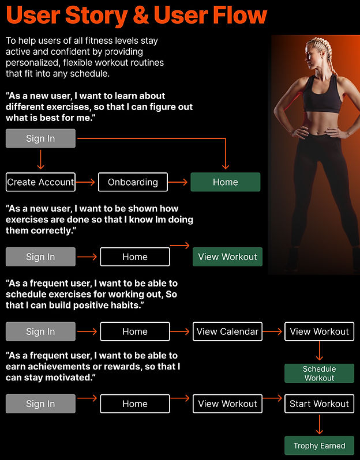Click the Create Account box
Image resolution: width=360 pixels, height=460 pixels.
(40, 182)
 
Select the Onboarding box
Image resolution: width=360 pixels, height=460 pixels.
(133, 182)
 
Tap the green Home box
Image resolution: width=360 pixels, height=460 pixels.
(225, 182)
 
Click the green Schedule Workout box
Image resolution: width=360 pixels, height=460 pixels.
(319, 373)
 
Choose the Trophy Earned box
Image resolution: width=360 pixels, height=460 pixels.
(319, 446)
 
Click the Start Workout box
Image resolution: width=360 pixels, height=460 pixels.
(319, 404)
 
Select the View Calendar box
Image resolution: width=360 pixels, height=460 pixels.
(227, 331)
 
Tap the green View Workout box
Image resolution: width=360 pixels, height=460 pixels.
(227, 257)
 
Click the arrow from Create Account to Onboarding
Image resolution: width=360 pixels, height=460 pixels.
(87, 182)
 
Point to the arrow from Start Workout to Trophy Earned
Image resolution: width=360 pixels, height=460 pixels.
(319, 424)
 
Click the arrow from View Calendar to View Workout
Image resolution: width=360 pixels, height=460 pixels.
(273, 331)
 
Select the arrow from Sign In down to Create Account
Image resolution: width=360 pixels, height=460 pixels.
(40, 159)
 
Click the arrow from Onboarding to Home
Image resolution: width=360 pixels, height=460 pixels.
(179, 182)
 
